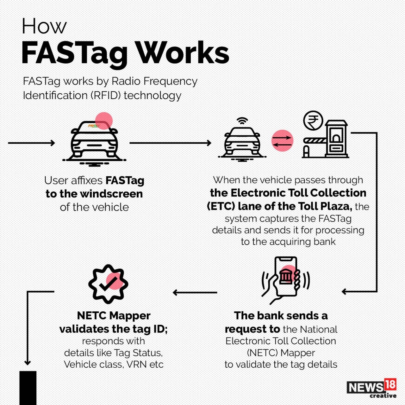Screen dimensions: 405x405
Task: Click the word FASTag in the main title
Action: [x=74, y=53]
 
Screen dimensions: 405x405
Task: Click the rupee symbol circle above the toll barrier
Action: [x=313, y=121]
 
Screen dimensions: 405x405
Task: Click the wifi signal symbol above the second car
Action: [x=242, y=121]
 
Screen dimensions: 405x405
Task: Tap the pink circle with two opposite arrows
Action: [x=282, y=140]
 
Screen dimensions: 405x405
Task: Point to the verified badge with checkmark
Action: [x=108, y=284]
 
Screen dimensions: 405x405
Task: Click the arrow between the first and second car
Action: [x=170, y=143]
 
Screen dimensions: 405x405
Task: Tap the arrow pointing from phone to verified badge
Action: [x=195, y=292]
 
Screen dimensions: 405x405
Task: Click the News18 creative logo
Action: [x=371, y=388]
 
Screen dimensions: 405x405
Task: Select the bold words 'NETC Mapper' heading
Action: [x=114, y=315]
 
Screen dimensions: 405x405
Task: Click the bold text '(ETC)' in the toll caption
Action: [x=221, y=206]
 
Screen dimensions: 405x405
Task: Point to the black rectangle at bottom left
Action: [x=28, y=388]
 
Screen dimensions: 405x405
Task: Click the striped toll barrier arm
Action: [x=315, y=140]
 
